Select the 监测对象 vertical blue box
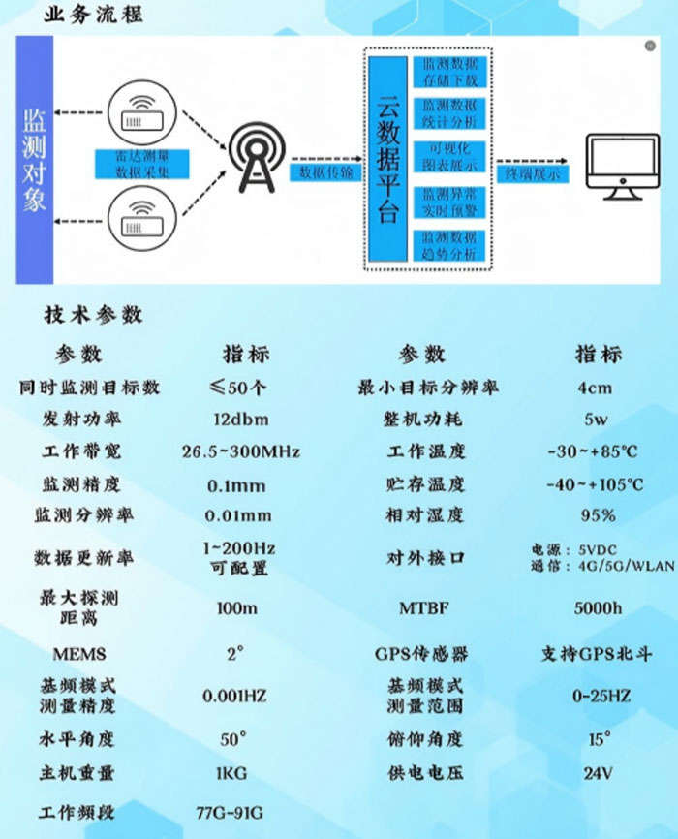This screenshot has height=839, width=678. coord(34,160)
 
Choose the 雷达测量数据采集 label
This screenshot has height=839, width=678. coord(145,164)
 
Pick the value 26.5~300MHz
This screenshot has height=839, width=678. coord(240,452)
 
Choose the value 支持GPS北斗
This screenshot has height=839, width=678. coord(597,654)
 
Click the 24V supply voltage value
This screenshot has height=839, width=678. coord(597,773)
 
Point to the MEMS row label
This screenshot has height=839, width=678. coord(79,654)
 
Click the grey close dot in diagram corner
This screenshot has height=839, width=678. coord(650,45)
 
